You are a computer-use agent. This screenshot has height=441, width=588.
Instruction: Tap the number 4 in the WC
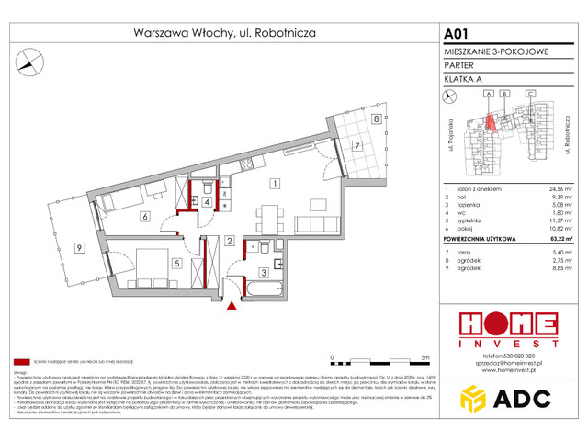208,202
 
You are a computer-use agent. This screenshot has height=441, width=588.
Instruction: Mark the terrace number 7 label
358,145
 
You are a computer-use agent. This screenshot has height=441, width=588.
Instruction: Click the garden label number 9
80,248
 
